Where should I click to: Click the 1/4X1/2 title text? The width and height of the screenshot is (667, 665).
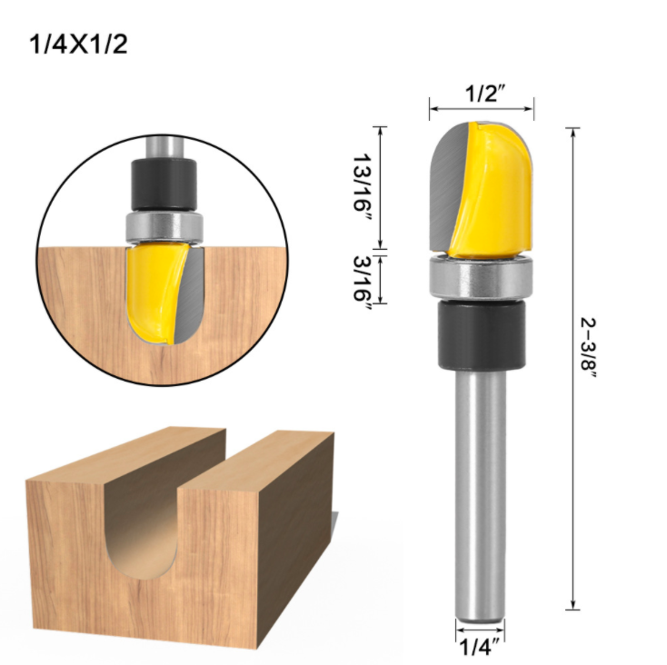(x=79, y=45)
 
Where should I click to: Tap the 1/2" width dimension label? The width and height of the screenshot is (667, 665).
(x=485, y=93)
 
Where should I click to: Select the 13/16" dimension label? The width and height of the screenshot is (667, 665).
(x=363, y=187)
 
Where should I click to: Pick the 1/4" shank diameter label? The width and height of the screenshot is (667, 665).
(x=480, y=648)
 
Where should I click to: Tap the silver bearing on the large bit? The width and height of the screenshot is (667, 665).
(x=481, y=279)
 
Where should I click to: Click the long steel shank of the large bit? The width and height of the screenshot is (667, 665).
(x=481, y=493)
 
